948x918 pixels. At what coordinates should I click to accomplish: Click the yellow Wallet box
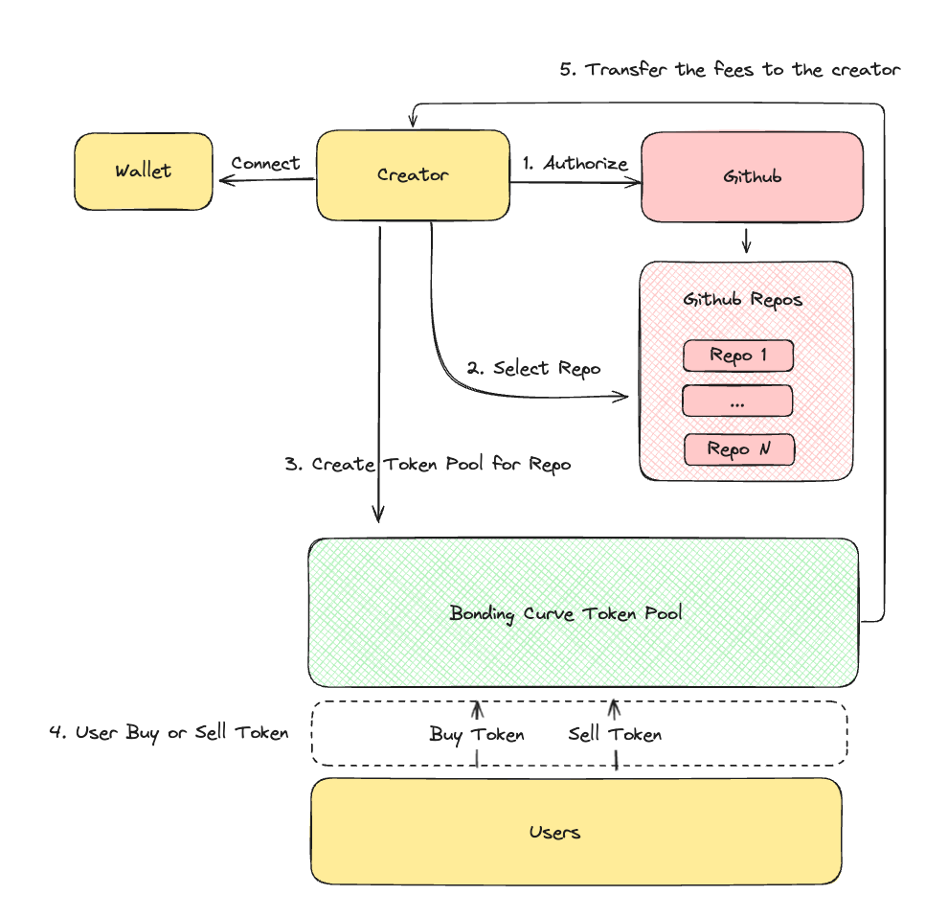[x=144, y=172]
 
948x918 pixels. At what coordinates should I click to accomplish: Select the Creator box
[x=413, y=173]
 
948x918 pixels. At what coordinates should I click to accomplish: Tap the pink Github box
[x=752, y=177]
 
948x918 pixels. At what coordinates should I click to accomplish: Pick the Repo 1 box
[x=738, y=356]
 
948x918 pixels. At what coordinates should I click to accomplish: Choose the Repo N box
[x=738, y=448]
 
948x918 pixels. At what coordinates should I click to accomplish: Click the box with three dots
[x=737, y=402]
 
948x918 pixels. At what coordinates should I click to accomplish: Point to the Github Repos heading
[x=743, y=300]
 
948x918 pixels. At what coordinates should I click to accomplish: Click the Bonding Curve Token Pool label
[x=566, y=613]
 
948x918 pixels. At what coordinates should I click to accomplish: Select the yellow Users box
[x=555, y=832]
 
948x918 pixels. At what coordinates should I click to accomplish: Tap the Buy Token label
[x=477, y=735]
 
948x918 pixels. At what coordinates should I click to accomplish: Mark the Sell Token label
[x=615, y=735]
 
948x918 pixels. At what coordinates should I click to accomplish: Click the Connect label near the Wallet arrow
[x=265, y=163]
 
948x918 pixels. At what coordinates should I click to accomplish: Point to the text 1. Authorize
[x=576, y=163]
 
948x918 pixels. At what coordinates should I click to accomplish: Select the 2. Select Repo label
[x=533, y=368]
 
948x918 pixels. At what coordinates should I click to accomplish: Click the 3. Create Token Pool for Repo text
[x=428, y=465]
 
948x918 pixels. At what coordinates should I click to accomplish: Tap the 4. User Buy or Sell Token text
[x=169, y=733]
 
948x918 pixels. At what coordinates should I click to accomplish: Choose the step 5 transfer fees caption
[x=730, y=70]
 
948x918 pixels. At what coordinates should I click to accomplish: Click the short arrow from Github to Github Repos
[x=746, y=241]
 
